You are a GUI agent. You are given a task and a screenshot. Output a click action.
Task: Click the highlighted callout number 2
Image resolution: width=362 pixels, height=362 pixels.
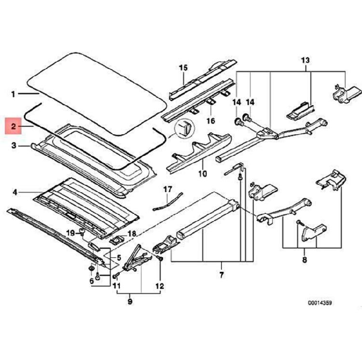14,127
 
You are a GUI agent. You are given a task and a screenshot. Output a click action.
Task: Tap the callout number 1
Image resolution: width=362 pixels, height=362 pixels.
14,93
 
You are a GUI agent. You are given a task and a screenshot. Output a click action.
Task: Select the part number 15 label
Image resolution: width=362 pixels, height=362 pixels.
183,67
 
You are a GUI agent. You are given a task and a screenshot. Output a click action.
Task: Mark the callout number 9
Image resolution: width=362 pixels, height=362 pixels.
129,302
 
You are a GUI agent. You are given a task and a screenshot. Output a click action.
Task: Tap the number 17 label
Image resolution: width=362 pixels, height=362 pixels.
167,188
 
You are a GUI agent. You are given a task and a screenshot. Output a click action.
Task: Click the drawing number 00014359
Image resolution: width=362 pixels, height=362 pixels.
320,303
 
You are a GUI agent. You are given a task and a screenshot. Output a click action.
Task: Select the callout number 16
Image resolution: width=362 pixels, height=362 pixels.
210,121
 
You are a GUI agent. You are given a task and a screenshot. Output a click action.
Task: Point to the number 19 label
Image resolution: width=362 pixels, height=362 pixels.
70,233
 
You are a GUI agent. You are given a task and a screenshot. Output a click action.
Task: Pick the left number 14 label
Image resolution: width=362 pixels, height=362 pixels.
237,102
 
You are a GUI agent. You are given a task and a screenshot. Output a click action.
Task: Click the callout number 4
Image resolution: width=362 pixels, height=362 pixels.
15,193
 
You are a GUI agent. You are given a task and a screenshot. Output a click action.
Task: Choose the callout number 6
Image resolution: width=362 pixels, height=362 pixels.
91,281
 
